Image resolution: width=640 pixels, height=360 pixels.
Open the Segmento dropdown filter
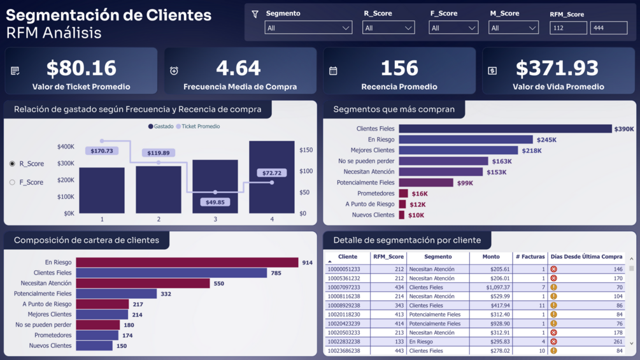click(x=308, y=28)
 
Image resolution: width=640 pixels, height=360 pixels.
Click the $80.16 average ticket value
click(x=81, y=68)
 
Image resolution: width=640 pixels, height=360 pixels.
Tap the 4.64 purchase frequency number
click(x=238, y=68)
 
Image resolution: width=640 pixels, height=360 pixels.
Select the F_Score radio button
click(x=12, y=182)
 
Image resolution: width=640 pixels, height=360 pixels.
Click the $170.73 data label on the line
click(x=102, y=151)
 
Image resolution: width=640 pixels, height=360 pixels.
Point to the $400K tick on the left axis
click(x=66, y=147)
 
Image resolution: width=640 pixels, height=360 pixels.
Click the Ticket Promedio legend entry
click(x=200, y=127)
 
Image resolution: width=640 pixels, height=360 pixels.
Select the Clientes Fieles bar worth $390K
click(x=505, y=129)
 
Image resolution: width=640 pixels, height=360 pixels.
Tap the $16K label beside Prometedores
click(x=420, y=194)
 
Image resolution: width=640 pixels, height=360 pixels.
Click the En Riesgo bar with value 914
click(x=187, y=263)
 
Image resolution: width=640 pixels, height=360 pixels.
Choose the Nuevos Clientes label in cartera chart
click(x=50, y=346)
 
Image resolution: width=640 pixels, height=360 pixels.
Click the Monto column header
click(x=491, y=257)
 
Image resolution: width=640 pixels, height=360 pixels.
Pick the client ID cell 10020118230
click(x=344, y=315)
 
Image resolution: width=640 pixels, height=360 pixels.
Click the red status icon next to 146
click(x=553, y=270)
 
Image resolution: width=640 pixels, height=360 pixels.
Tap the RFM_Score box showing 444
click(x=608, y=28)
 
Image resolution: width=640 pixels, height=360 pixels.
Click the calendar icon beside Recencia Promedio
click(x=333, y=71)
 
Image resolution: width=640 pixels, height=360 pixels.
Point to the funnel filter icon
click(x=255, y=14)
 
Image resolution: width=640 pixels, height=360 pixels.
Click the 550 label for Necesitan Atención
click(x=219, y=284)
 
